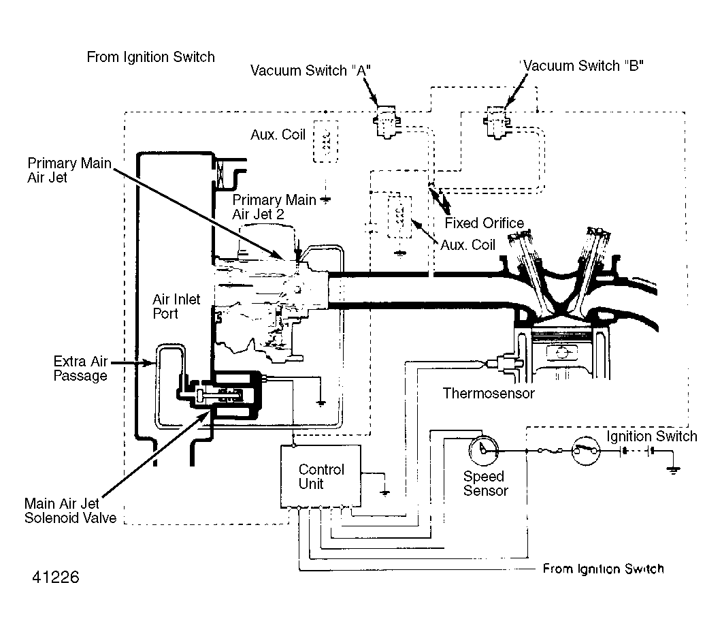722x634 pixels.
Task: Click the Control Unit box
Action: tap(321, 477)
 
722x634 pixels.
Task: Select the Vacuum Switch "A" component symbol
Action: tap(386, 121)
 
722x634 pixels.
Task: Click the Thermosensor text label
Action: tap(489, 394)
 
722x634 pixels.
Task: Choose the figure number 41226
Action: tap(56, 577)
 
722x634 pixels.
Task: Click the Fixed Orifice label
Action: tap(484, 223)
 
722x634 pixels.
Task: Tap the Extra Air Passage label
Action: tap(80, 368)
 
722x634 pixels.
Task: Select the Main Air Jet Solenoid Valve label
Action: tap(71, 511)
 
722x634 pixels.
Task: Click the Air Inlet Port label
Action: tap(176, 306)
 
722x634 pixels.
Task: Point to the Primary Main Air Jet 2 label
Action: tap(274, 207)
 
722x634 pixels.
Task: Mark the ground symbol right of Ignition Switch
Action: tap(674, 470)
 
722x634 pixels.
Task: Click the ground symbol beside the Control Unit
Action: tap(385, 492)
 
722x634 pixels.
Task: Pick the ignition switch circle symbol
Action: tap(586, 450)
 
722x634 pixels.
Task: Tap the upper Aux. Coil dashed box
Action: tap(325, 142)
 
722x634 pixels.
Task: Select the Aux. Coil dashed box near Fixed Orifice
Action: tap(399, 217)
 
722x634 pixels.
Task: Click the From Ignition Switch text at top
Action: tap(151, 57)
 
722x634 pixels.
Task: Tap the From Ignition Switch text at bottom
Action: tap(603, 569)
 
